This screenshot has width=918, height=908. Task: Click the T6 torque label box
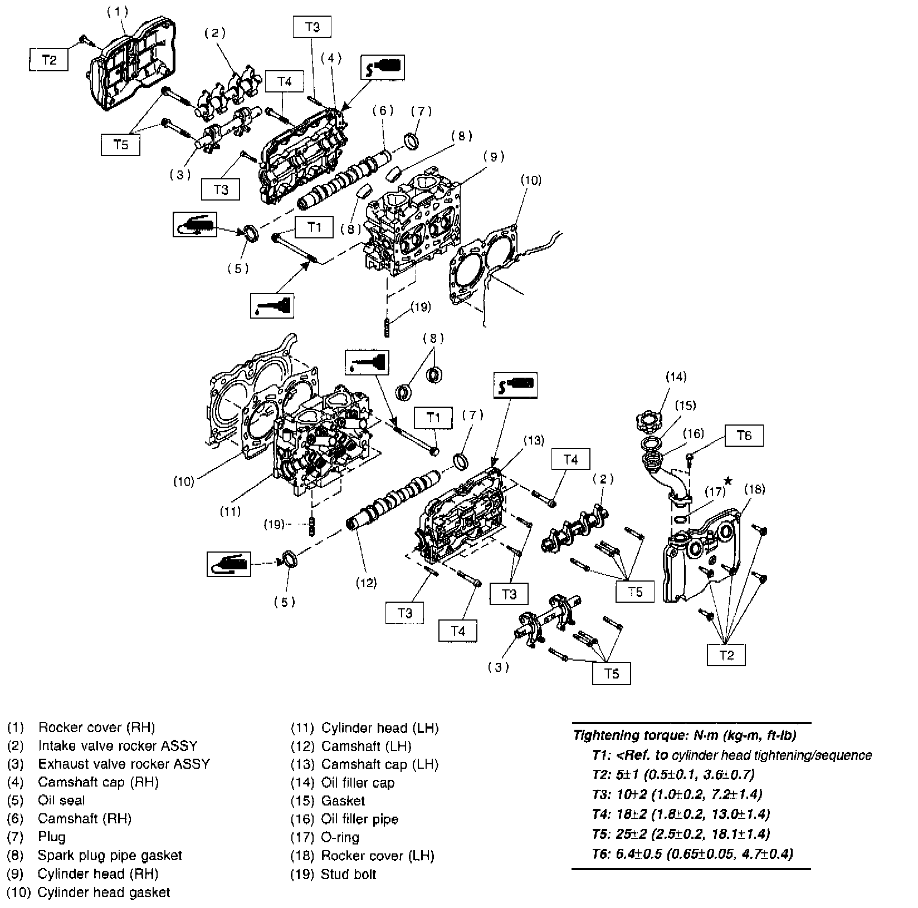(x=744, y=435)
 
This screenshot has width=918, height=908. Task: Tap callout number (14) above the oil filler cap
(x=676, y=377)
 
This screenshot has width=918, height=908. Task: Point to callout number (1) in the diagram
(x=118, y=11)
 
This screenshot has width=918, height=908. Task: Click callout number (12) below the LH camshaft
(x=366, y=583)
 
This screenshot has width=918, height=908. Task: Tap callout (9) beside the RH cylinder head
(x=494, y=157)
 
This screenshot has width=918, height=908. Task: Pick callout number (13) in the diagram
(x=533, y=441)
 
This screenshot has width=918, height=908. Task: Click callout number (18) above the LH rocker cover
(x=755, y=489)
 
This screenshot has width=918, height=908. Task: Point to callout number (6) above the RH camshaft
(x=383, y=110)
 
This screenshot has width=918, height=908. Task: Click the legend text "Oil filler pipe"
(x=359, y=819)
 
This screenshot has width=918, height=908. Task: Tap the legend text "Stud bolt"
(x=348, y=874)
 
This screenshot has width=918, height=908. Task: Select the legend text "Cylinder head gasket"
(x=104, y=892)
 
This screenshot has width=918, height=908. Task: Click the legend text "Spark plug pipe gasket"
(x=110, y=855)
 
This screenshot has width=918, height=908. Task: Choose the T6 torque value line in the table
(x=692, y=853)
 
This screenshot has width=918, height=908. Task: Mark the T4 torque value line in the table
(x=681, y=814)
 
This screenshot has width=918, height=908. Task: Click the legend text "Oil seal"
(x=61, y=800)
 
